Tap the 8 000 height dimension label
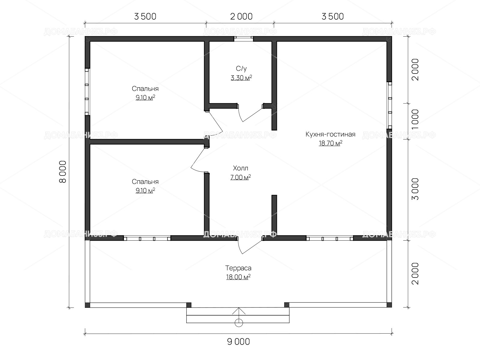[x=63, y=172]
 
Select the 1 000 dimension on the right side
[x=415, y=120]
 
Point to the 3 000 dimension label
[x=415, y=189]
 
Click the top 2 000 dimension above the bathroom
[x=241, y=16]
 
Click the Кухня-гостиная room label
[x=330, y=134]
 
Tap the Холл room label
[x=241, y=168]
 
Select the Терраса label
[x=238, y=268]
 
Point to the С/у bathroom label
[x=241, y=69]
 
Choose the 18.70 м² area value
[x=330, y=143]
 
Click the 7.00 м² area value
[x=241, y=177]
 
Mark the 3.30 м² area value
[x=241, y=78]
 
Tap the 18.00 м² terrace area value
[x=238, y=277]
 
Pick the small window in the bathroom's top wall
[x=244, y=39]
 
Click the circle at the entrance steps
[x=239, y=322]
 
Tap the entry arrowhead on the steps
[x=239, y=310]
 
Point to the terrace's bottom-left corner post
[x=87, y=305]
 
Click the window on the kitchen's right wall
[x=389, y=105]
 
